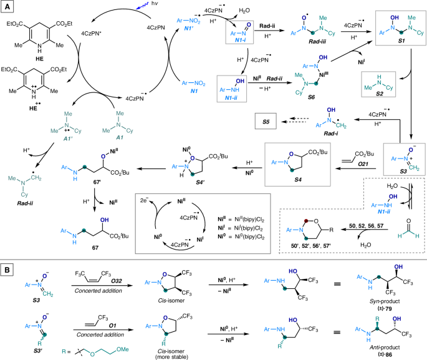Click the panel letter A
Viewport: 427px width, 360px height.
pos(6,6)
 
